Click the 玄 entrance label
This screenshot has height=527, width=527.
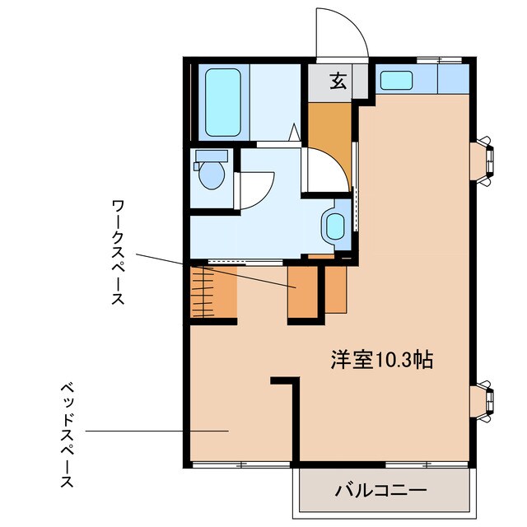(x=338, y=81)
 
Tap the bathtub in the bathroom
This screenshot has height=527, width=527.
(x=222, y=102)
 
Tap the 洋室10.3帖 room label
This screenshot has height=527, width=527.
(x=382, y=359)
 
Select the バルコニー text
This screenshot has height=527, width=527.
(x=380, y=491)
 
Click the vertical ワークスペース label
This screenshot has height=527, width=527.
(x=119, y=251)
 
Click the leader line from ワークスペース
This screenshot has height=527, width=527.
(x=214, y=269)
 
